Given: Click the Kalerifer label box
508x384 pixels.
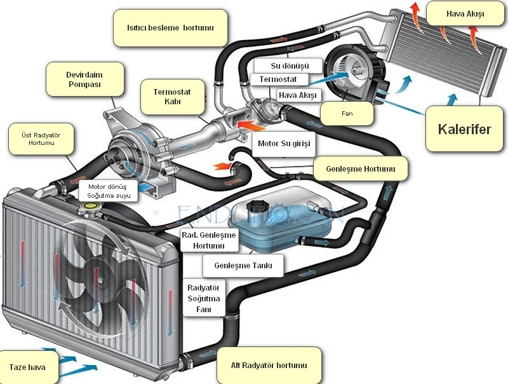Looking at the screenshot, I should [464, 129].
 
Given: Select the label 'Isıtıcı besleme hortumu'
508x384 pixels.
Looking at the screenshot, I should [170, 28].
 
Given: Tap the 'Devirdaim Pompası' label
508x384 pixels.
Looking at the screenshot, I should [84, 79].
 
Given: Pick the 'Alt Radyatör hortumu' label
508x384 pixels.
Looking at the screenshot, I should [269, 365].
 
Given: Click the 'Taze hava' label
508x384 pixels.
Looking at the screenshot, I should [27, 367].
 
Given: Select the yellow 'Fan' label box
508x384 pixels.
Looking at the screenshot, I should [347, 114].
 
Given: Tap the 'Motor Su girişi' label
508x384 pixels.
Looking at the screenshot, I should [283, 144].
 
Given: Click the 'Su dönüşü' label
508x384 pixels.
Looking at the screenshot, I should [290, 65].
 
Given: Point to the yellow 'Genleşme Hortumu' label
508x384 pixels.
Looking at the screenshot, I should [360, 169].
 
